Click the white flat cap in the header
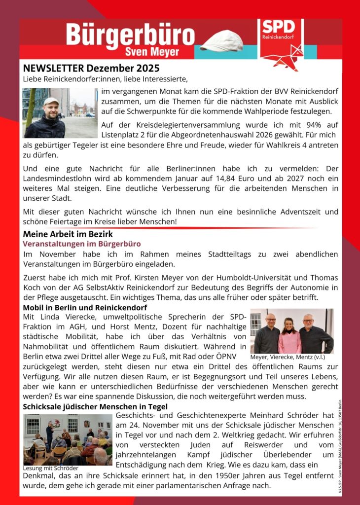click(x=228, y=41)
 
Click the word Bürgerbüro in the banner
click(x=130, y=35)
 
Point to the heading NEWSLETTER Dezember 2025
click(x=91, y=68)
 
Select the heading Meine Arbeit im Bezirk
click(x=68, y=234)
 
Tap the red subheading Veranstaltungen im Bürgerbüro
click(x=82, y=244)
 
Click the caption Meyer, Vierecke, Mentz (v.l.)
click(x=288, y=358)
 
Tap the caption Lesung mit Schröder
click(x=51, y=468)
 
